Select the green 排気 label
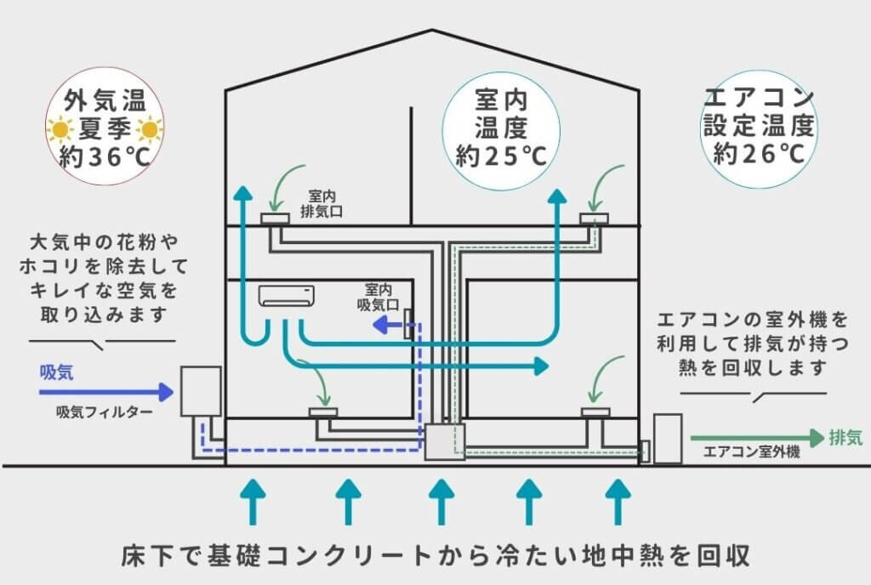(845, 438)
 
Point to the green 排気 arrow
(757, 438)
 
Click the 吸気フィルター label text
(105, 412)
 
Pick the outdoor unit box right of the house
(668, 438)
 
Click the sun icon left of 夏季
(60, 130)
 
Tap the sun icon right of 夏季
(149, 130)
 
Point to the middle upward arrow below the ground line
(440, 501)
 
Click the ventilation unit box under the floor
(444, 442)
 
